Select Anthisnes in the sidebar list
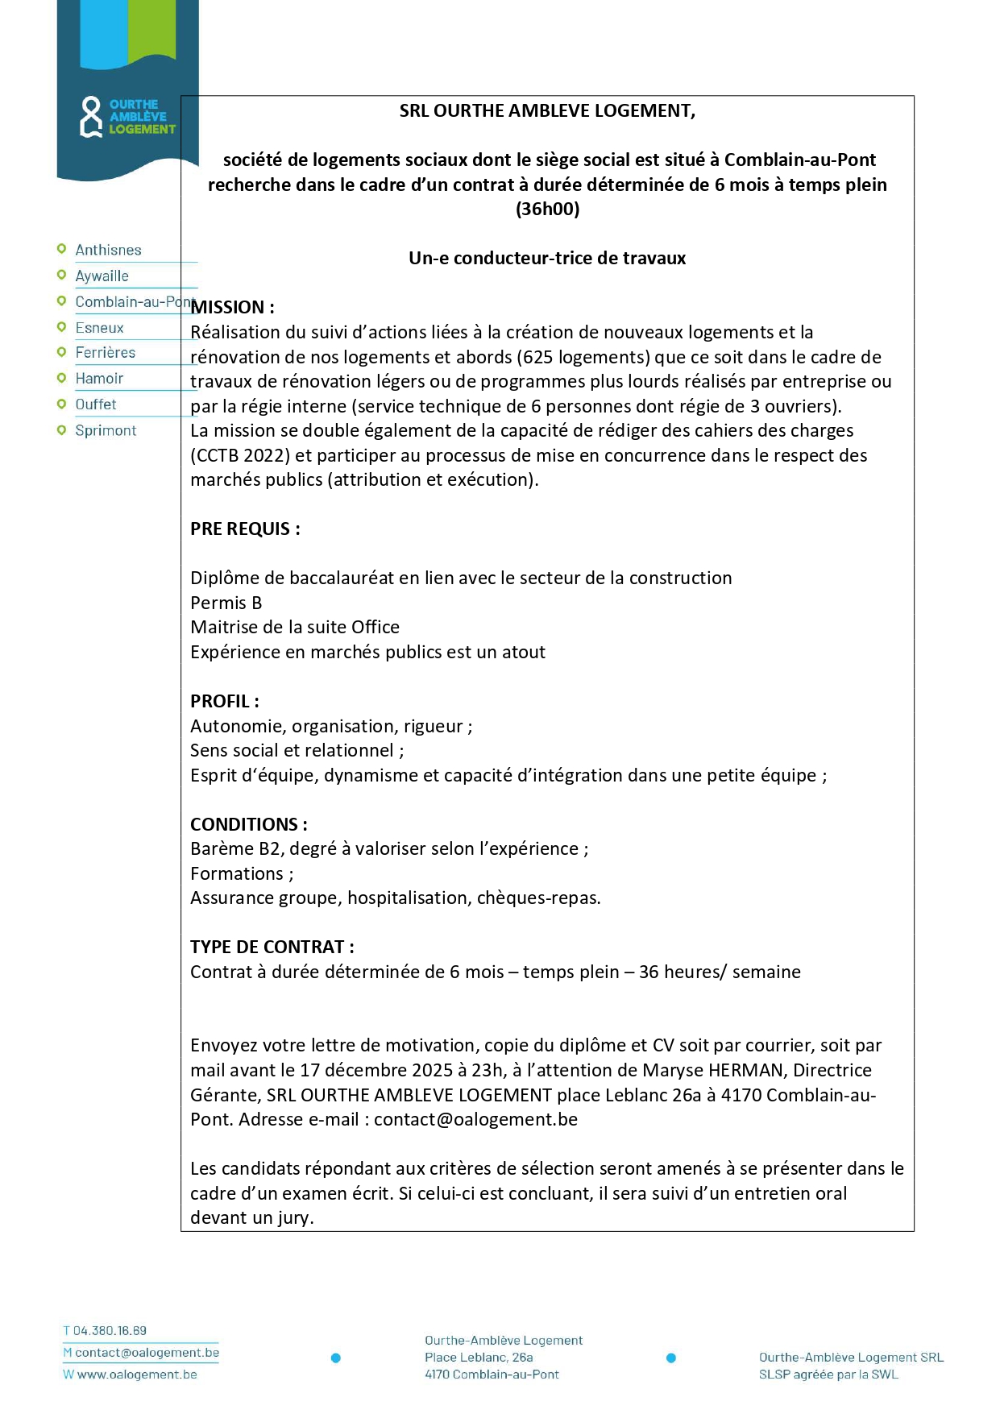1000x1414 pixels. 108,251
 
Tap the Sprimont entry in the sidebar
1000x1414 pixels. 106,431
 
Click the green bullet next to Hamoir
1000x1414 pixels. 61,379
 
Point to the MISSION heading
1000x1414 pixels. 232,308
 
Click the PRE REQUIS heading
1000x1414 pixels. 245,529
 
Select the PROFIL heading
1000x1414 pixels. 224,702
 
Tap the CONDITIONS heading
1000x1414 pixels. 248,825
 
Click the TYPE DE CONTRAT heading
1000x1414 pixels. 272,948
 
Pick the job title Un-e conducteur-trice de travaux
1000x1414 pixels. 547,259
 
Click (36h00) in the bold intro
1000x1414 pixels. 547,209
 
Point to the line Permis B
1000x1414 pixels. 226,603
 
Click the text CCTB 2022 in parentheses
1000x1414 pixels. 239,456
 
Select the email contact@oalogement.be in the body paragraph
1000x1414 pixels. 475,1120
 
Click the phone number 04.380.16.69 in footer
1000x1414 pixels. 110,1331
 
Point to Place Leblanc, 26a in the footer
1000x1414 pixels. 479,1358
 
